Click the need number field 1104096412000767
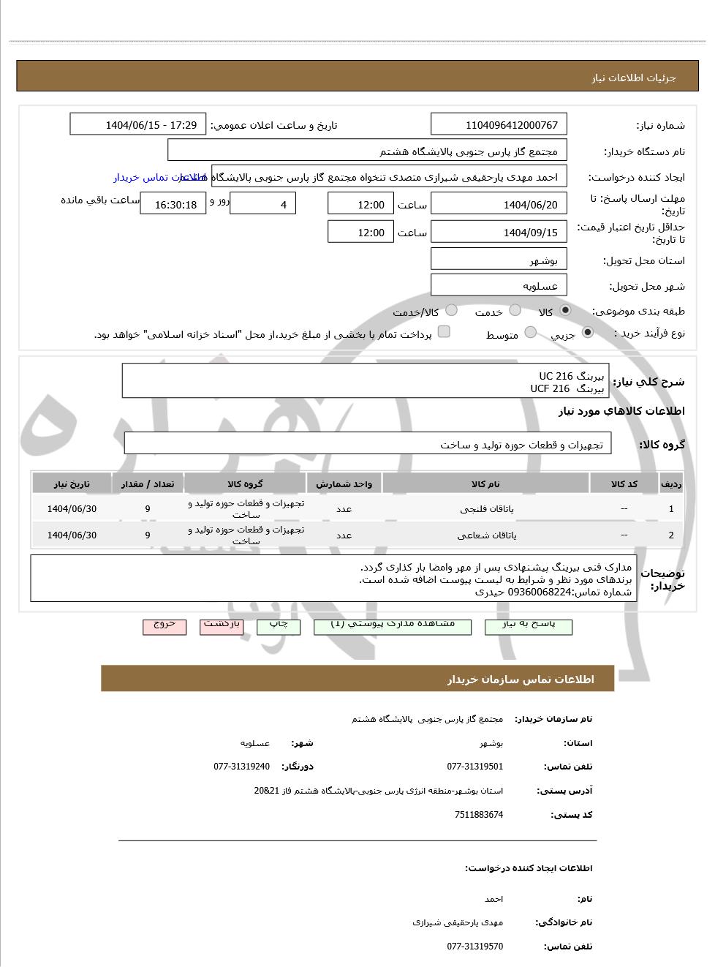click(x=499, y=125)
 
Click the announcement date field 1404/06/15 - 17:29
click(x=138, y=125)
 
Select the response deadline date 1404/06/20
click(x=499, y=205)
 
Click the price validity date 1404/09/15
click(x=499, y=233)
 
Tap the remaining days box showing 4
click(x=262, y=205)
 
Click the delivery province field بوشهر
click(x=499, y=260)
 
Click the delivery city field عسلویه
click(x=499, y=286)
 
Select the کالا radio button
click(x=565, y=311)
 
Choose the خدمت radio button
click(x=515, y=311)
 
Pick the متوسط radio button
click(x=531, y=333)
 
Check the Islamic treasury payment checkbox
click(x=444, y=332)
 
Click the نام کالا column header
click(x=485, y=484)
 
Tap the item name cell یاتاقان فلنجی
click(x=485, y=509)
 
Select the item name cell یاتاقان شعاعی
click(x=485, y=535)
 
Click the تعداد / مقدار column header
click(x=147, y=484)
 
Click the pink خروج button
click(x=164, y=625)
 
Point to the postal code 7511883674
click(x=478, y=815)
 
